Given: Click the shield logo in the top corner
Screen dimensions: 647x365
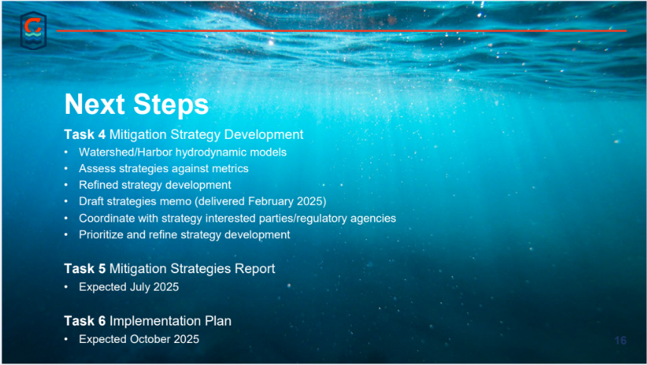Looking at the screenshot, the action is click(x=33, y=30).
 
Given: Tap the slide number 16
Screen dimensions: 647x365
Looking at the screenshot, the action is click(x=620, y=341).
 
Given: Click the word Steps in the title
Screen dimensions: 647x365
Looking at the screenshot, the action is click(x=171, y=105).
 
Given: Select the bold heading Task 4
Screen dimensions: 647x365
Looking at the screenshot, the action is click(x=85, y=134).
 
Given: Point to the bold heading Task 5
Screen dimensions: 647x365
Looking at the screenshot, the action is click(x=85, y=269).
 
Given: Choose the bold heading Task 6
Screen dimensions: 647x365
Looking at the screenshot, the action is click(x=85, y=321).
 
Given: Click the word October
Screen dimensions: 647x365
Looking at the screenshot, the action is click(x=150, y=339).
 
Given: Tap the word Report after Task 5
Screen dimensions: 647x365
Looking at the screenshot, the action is click(x=255, y=269).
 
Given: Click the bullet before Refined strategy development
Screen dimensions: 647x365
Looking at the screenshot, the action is click(x=66, y=185).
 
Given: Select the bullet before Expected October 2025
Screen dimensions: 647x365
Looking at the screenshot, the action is click(x=66, y=339).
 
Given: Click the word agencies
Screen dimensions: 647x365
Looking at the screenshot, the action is click(x=373, y=219).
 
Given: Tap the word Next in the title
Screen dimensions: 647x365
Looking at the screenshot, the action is click(x=95, y=104).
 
